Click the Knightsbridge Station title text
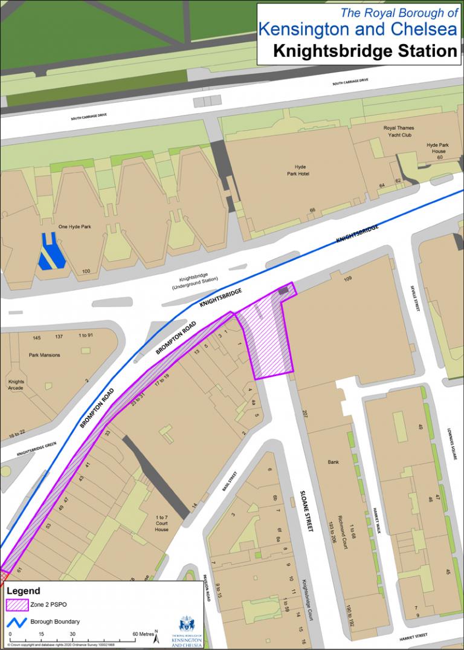(x=365, y=51)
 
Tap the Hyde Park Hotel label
(x=301, y=170)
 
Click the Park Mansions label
(x=45, y=355)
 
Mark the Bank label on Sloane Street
(x=333, y=461)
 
